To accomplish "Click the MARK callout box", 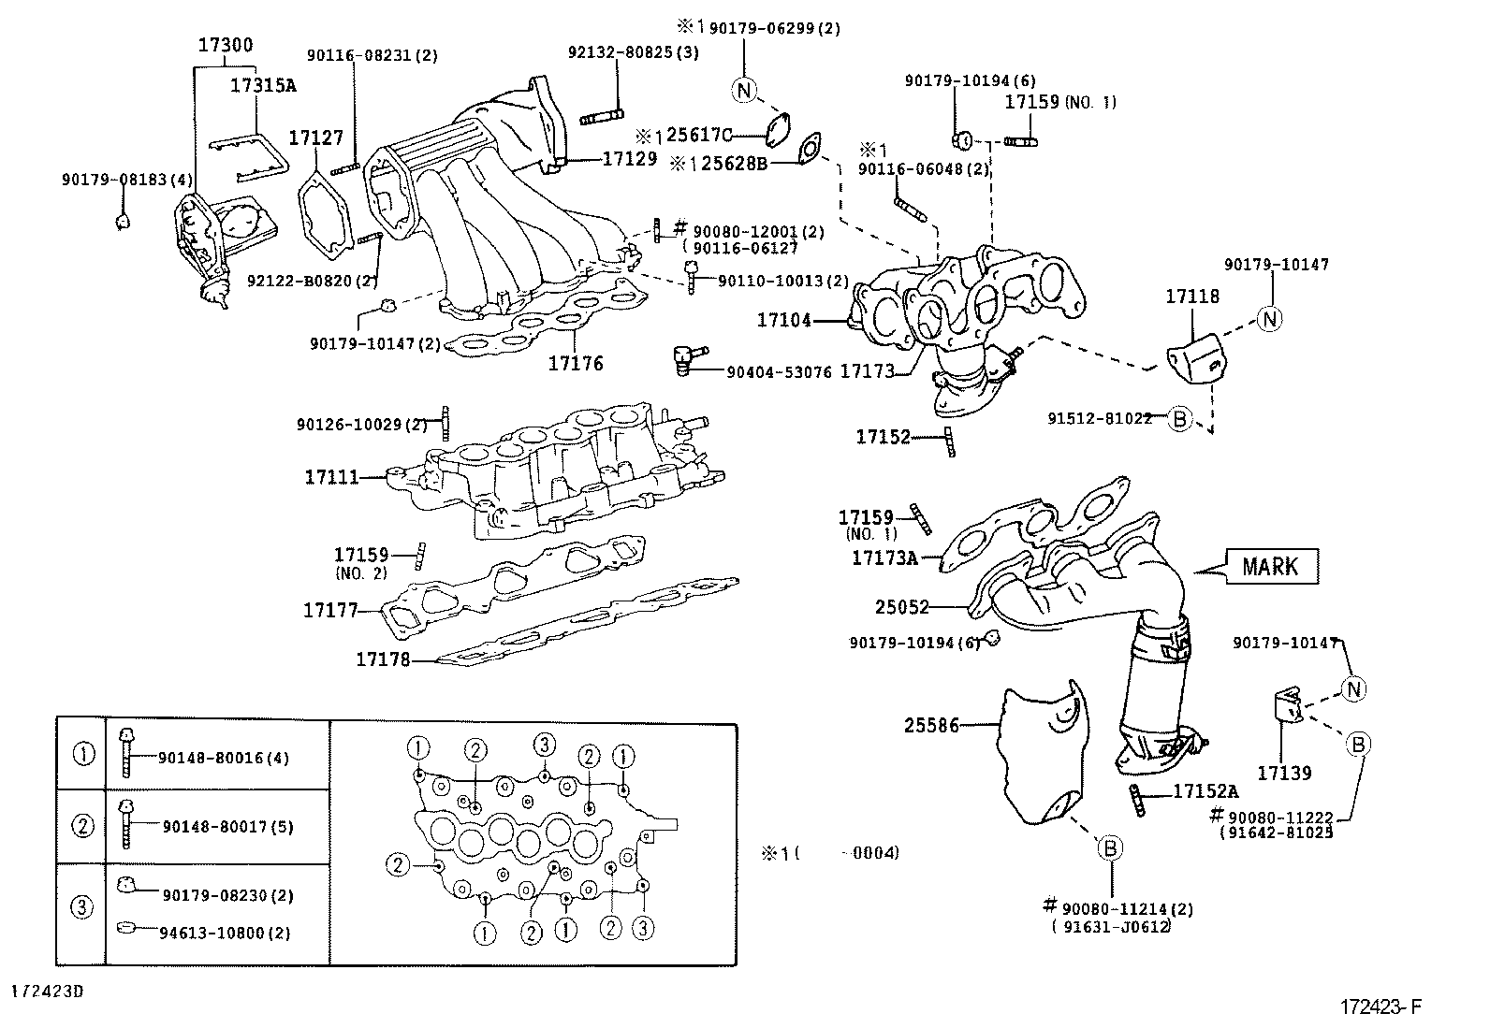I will pyautogui.click(x=1270, y=566).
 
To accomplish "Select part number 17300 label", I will pyautogui.click(x=225, y=45).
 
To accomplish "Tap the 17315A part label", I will pyautogui.click(x=262, y=85).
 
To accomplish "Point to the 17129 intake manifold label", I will pyautogui.click(x=629, y=159).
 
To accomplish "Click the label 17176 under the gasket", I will pyautogui.click(x=576, y=364).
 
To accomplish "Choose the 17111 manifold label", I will pyautogui.click(x=331, y=477).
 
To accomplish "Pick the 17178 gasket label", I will pyautogui.click(x=383, y=659).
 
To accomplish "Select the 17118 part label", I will pyautogui.click(x=1192, y=297).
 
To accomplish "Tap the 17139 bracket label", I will pyautogui.click(x=1284, y=773).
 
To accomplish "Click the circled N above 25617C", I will pyautogui.click(x=743, y=90).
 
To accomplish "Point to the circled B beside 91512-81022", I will pyautogui.click(x=1180, y=419).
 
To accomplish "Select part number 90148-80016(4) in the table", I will pyautogui.click(x=224, y=758).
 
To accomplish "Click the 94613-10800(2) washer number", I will pyautogui.click(x=226, y=933).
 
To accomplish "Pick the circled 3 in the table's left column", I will pyautogui.click(x=82, y=906).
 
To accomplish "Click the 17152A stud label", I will pyautogui.click(x=1205, y=792).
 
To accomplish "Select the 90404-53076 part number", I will pyautogui.click(x=779, y=372).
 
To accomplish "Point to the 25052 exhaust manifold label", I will pyautogui.click(x=901, y=607).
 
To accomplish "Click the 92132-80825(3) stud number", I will pyautogui.click(x=633, y=52).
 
